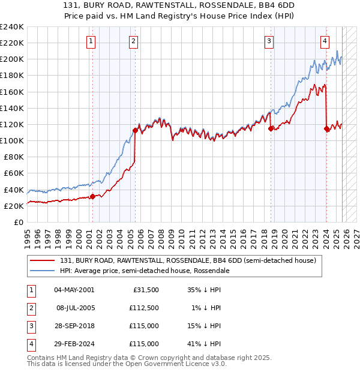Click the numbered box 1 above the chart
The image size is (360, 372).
[91, 41]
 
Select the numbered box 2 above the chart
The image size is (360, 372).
[133, 41]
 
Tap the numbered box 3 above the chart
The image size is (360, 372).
[269, 41]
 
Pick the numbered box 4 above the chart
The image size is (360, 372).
[325, 41]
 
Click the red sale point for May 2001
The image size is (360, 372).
[92, 196]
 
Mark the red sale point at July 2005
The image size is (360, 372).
[135, 130]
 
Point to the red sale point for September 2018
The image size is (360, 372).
[271, 128]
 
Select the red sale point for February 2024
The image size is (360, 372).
[326, 128]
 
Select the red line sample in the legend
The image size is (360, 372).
[44, 260]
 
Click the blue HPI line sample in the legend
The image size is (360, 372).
[44, 271]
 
